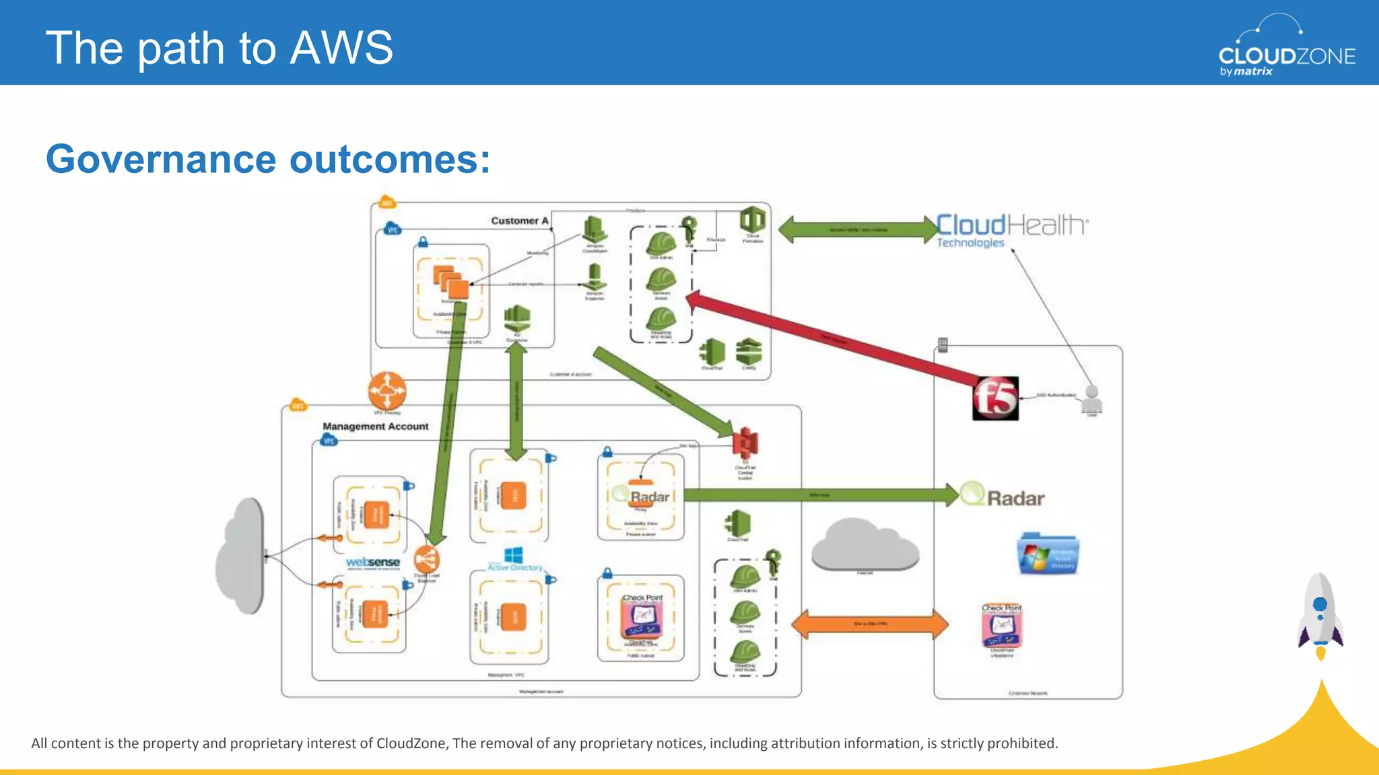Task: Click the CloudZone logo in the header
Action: click(x=1286, y=47)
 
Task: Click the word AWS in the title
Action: click(x=341, y=48)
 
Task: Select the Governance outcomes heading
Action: click(x=268, y=159)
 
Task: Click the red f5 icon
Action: click(x=995, y=398)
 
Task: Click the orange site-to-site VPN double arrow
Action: click(x=870, y=624)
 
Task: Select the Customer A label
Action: click(x=519, y=221)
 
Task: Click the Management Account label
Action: click(x=375, y=427)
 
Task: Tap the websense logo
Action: click(x=372, y=562)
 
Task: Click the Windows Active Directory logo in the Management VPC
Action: click(x=514, y=559)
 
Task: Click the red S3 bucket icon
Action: click(x=745, y=443)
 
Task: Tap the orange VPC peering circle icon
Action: click(x=387, y=390)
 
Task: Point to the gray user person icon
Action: click(x=1091, y=400)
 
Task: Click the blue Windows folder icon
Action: click(x=1048, y=554)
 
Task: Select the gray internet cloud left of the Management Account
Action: click(x=241, y=556)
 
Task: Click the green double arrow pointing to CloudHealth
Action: click(x=858, y=229)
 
